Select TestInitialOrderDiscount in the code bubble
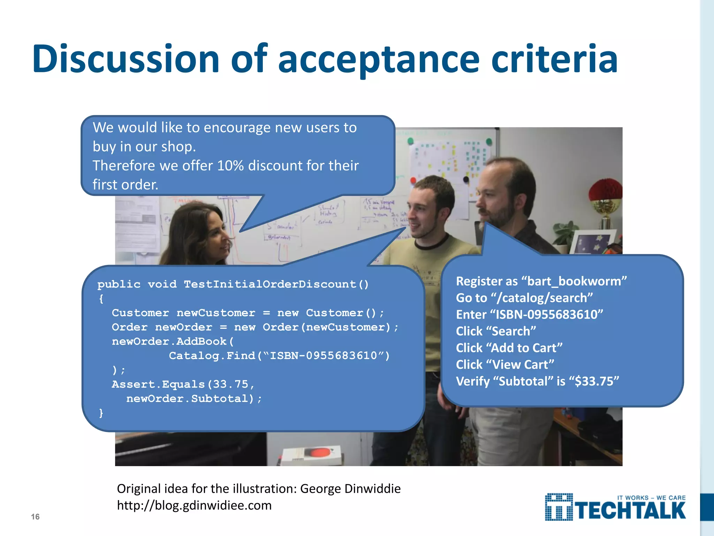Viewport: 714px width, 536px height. (x=270, y=284)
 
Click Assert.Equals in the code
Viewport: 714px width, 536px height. (x=158, y=384)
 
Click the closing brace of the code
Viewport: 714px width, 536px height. (x=101, y=413)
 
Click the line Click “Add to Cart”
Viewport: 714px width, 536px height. (x=509, y=348)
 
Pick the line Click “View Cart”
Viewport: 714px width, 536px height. (x=505, y=365)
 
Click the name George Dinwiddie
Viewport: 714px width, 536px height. (x=350, y=489)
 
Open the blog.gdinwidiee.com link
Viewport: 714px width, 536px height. (x=194, y=505)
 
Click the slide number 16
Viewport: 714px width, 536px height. (x=35, y=517)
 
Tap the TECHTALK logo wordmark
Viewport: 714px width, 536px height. (x=630, y=511)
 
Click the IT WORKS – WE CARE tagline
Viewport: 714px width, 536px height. (x=651, y=498)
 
